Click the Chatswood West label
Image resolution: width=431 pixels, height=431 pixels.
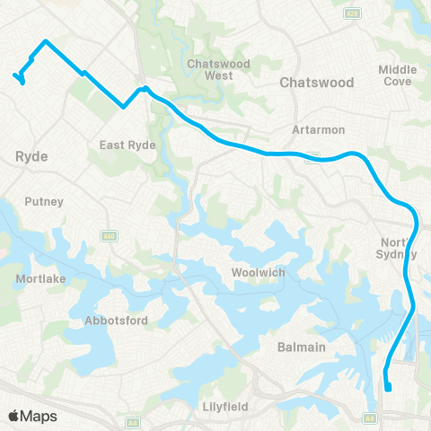click(209, 69)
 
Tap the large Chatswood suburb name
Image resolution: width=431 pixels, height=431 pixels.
click(317, 82)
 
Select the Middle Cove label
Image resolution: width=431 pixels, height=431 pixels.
click(398, 75)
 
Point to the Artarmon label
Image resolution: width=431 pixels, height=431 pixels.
click(312, 130)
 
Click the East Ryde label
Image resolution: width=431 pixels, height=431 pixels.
click(128, 145)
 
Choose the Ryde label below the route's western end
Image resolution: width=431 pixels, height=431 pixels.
click(31, 156)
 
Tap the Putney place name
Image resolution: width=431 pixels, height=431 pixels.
click(45, 201)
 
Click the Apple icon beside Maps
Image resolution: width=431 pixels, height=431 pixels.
click(13, 415)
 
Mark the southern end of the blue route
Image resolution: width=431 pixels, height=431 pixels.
click(389, 389)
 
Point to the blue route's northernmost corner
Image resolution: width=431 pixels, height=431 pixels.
click(46, 41)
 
